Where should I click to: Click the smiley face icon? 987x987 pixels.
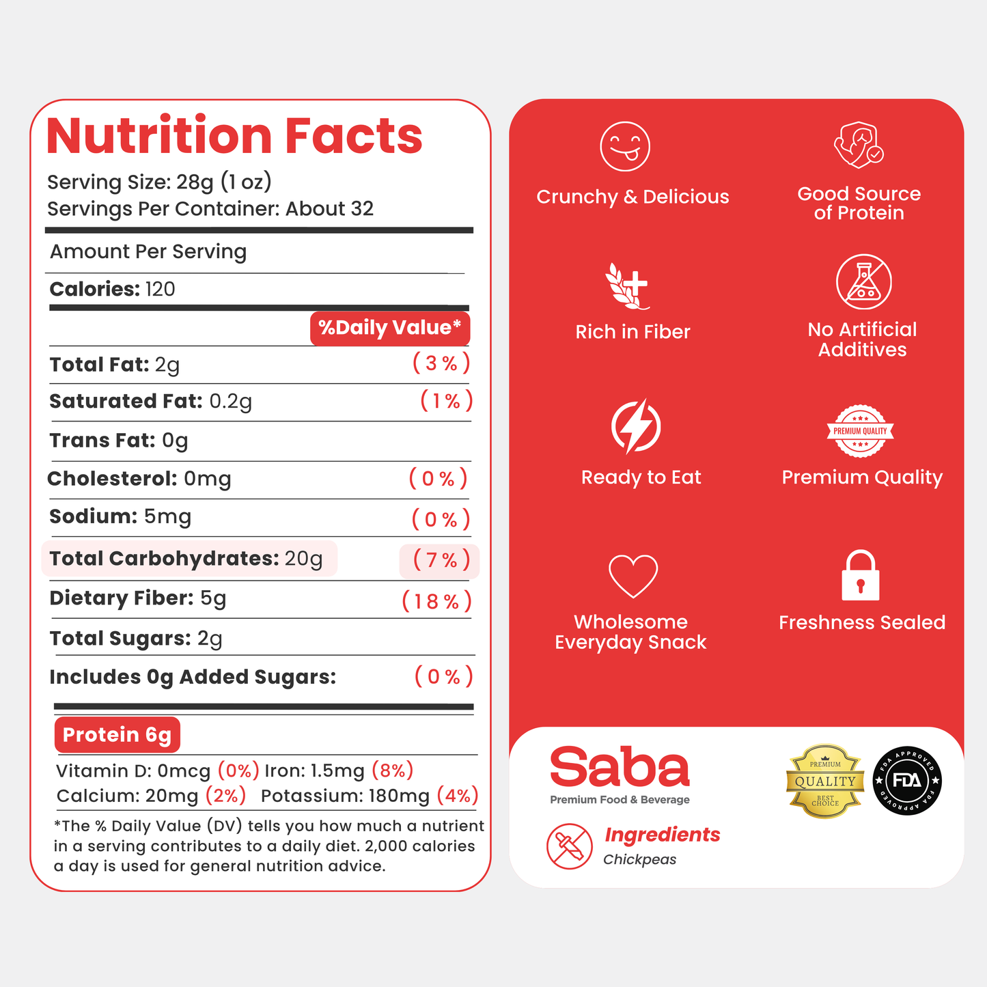[625, 146]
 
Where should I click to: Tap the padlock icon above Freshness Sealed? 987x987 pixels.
[861, 575]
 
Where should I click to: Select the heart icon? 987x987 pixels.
[633, 576]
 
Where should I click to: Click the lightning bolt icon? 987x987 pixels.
[636, 426]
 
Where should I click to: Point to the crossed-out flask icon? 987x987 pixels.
[863, 281]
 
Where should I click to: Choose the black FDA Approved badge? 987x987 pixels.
[907, 781]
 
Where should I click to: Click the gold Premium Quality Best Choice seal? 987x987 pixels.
[825, 781]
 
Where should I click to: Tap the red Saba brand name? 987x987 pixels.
[620, 767]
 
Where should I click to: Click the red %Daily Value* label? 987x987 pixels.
[390, 328]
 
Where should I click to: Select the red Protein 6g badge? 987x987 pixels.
[117, 734]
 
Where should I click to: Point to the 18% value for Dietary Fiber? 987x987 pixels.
[436, 601]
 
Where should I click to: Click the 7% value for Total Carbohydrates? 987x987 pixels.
[441, 560]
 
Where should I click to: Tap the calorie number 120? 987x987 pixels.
[161, 290]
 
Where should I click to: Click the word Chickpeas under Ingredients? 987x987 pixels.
[640, 859]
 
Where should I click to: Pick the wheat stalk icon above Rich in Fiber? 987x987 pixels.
[628, 286]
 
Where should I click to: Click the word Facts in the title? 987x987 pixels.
[353, 136]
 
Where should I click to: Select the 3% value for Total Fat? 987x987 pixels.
[441, 363]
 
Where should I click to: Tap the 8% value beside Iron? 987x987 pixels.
[392, 770]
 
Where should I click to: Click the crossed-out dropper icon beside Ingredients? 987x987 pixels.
[569, 846]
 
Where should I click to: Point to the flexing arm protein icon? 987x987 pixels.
[859, 144]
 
